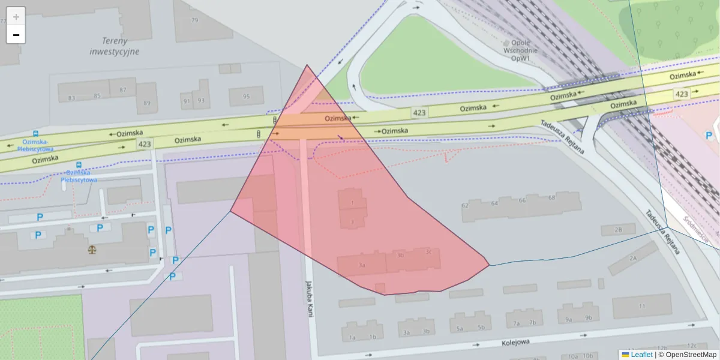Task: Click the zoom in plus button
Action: pyautogui.click(x=16, y=16)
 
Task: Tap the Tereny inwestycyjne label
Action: pyautogui.click(x=114, y=46)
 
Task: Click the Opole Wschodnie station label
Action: pyautogui.click(x=520, y=51)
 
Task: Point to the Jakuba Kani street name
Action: pyautogui.click(x=310, y=298)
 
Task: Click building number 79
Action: pyautogui.click(x=194, y=20)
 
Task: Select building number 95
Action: pyautogui.click(x=246, y=96)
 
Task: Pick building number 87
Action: pyautogui.click(x=123, y=90)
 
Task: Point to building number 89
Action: pyautogui.click(x=147, y=103)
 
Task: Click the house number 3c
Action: pyautogui.click(x=428, y=252)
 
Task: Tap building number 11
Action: pyautogui.click(x=642, y=306)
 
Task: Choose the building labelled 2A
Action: pyautogui.click(x=632, y=258)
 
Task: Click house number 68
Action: pyautogui.click(x=551, y=197)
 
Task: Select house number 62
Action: pyautogui.click(x=464, y=205)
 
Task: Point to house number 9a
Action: pyautogui.click(x=568, y=319)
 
